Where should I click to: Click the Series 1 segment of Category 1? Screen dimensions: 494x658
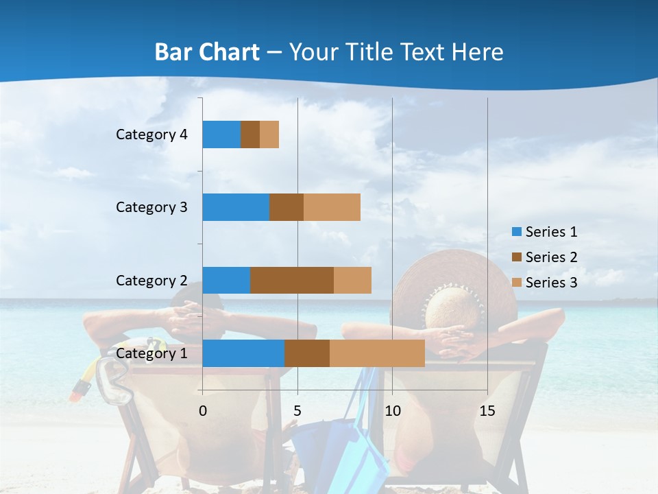pyautogui.click(x=243, y=353)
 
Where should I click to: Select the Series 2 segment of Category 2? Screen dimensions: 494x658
pyautogui.click(x=292, y=280)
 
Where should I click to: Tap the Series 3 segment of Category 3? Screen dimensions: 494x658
pyautogui.click(x=332, y=207)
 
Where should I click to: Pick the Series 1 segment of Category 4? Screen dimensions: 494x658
pyautogui.click(x=221, y=134)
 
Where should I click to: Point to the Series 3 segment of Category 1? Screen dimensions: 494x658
pyautogui.click(x=377, y=353)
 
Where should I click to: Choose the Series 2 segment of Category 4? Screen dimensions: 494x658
pyautogui.click(x=250, y=134)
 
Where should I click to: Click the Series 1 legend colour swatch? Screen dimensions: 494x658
pyautogui.click(x=516, y=232)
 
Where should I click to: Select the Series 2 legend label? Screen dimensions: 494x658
pyautogui.click(x=551, y=257)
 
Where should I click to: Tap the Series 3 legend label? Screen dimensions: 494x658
pyautogui.click(x=551, y=283)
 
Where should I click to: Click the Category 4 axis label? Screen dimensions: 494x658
pyautogui.click(x=151, y=134)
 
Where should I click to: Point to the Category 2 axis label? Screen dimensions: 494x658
pyautogui.click(x=151, y=280)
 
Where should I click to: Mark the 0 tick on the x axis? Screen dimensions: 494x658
pyautogui.click(x=202, y=411)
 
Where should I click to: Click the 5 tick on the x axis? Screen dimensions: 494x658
pyautogui.click(x=297, y=411)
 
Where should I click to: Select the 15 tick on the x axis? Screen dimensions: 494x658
pyautogui.click(x=487, y=411)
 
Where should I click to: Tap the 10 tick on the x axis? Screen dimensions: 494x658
pyautogui.click(x=392, y=411)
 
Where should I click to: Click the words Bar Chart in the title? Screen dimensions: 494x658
pyautogui.click(x=207, y=52)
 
